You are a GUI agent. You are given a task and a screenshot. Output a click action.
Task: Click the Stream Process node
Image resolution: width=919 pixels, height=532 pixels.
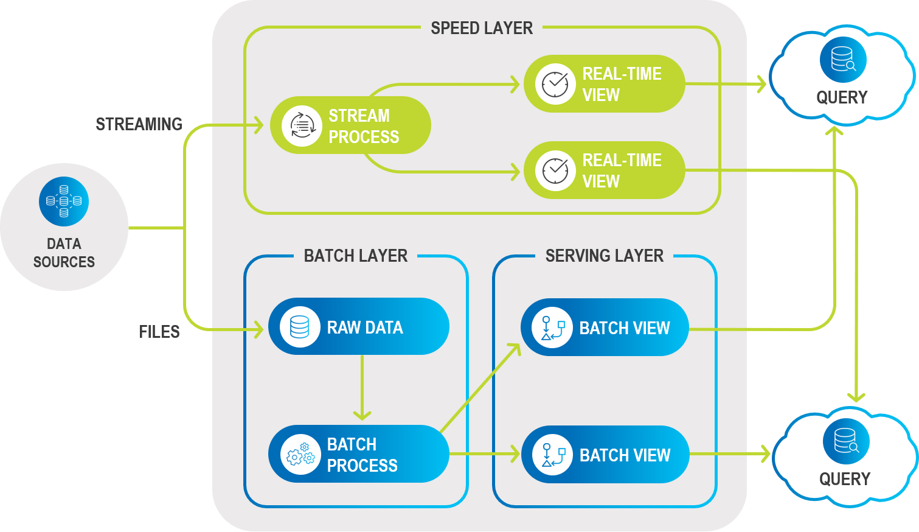pyautogui.click(x=350, y=125)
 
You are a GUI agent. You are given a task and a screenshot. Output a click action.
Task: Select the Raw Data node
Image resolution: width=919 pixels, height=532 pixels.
pyautogui.click(x=359, y=327)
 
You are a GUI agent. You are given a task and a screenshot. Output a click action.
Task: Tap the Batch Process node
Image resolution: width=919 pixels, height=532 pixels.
pyautogui.click(x=359, y=454)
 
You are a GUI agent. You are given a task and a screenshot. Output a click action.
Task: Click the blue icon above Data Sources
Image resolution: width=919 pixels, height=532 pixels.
pyautogui.click(x=64, y=201)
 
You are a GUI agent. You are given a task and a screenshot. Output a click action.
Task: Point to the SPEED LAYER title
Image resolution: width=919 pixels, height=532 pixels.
pyautogui.click(x=482, y=28)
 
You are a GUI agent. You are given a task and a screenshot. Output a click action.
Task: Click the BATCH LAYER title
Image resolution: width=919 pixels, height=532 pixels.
pyautogui.click(x=356, y=256)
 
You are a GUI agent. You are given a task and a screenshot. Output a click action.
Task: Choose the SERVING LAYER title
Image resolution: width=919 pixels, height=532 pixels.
pyautogui.click(x=605, y=256)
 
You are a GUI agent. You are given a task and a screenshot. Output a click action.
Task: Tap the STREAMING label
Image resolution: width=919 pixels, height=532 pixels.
pyautogui.click(x=139, y=124)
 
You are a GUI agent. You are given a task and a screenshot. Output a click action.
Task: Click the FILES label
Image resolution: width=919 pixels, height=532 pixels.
pyautogui.click(x=159, y=332)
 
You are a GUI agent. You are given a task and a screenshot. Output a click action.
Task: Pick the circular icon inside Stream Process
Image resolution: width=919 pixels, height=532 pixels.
pyautogui.click(x=302, y=126)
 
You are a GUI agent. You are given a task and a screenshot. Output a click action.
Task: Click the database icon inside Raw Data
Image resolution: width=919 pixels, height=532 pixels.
pyautogui.click(x=300, y=327)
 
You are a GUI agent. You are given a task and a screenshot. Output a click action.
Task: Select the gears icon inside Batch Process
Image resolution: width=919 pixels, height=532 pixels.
pyautogui.click(x=300, y=455)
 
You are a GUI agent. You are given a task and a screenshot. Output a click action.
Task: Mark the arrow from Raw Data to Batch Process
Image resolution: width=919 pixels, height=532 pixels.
pyautogui.click(x=362, y=387)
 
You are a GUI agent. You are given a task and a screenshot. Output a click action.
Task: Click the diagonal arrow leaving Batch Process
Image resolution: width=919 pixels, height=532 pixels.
pyautogui.click(x=480, y=388)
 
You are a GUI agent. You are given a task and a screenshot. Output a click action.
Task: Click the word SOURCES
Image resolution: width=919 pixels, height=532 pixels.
pyautogui.click(x=64, y=262)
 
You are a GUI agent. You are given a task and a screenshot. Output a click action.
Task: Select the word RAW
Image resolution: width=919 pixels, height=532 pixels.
pyautogui.click(x=344, y=327)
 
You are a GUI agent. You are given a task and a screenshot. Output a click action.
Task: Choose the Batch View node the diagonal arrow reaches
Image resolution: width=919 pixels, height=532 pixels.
pyautogui.click(x=605, y=327)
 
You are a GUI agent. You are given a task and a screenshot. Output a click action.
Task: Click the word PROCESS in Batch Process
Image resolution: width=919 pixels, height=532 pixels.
pyautogui.click(x=362, y=466)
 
